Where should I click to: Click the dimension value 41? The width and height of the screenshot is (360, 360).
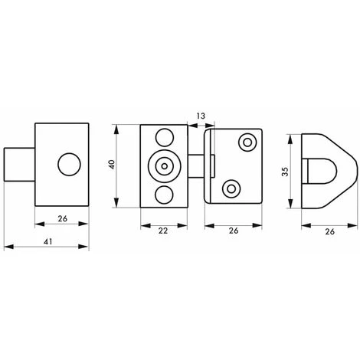pyautogui.click(x=47, y=241)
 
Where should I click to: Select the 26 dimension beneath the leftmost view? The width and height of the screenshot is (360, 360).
pyautogui.click(x=62, y=219)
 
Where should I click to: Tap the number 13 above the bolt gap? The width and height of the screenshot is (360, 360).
pyautogui.click(x=201, y=116)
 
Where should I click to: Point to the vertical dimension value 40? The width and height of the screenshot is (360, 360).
pyautogui.click(x=112, y=164)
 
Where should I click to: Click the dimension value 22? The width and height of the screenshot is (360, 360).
pyautogui.click(x=163, y=231)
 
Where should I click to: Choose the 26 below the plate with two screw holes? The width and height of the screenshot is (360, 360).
pyautogui.click(x=234, y=231)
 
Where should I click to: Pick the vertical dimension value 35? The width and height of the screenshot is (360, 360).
pyautogui.click(x=285, y=172)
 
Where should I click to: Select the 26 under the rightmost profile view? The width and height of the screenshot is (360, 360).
pyautogui.click(x=329, y=231)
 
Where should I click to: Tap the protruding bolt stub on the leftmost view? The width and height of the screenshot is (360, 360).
pyautogui.click(x=19, y=165)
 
